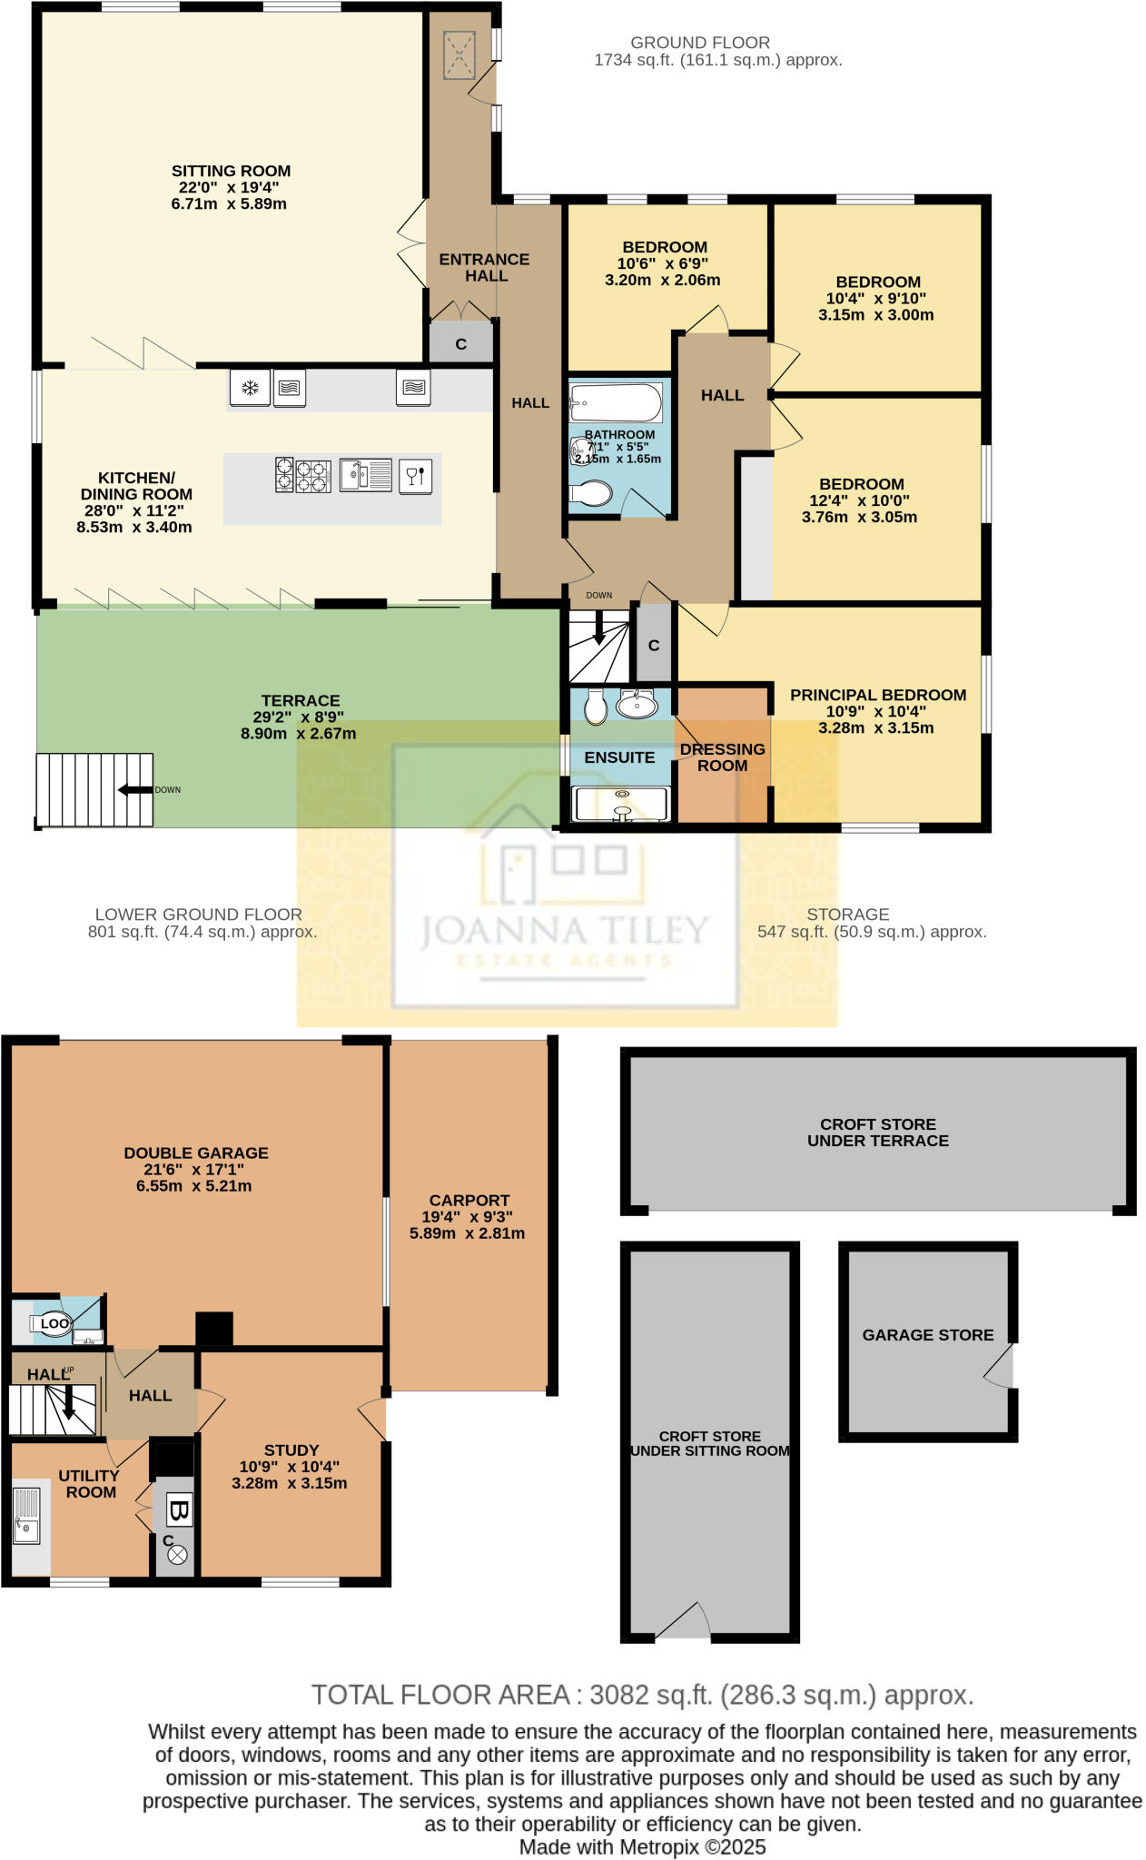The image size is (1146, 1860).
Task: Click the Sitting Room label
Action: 231,171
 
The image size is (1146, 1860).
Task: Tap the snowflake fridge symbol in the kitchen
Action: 249,389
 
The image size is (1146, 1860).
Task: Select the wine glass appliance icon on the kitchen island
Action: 415,475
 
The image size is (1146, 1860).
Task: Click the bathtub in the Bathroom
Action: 615,402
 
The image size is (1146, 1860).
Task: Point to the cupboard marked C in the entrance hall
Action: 460,344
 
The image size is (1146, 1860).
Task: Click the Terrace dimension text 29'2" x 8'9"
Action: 298,717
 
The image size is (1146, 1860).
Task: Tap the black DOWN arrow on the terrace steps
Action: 135,790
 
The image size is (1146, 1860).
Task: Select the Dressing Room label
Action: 723,757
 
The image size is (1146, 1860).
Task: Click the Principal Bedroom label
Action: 877,695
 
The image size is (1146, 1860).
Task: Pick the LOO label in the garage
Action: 54,1323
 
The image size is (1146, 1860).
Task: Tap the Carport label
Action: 469,1200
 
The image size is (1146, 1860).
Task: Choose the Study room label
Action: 291,1449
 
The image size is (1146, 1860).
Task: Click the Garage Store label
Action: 927,1335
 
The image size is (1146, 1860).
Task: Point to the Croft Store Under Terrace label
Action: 877,1132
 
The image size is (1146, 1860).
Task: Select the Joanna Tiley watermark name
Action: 563,930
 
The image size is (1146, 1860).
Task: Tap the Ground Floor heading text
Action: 700,43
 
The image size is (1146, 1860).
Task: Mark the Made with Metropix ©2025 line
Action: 642,1847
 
